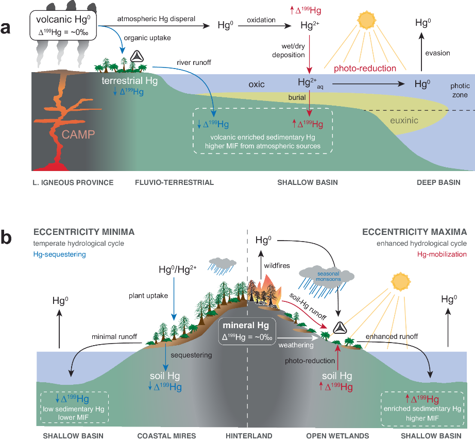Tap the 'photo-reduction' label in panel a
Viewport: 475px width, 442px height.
click(x=365, y=68)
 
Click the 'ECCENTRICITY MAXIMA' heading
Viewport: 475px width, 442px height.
click(x=415, y=232)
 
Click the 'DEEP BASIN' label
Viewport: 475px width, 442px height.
click(x=439, y=182)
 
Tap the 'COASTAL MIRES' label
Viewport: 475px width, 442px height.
click(x=166, y=436)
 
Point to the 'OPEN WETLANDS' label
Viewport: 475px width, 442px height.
click(x=337, y=436)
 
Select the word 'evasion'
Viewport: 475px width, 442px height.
click(x=438, y=53)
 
